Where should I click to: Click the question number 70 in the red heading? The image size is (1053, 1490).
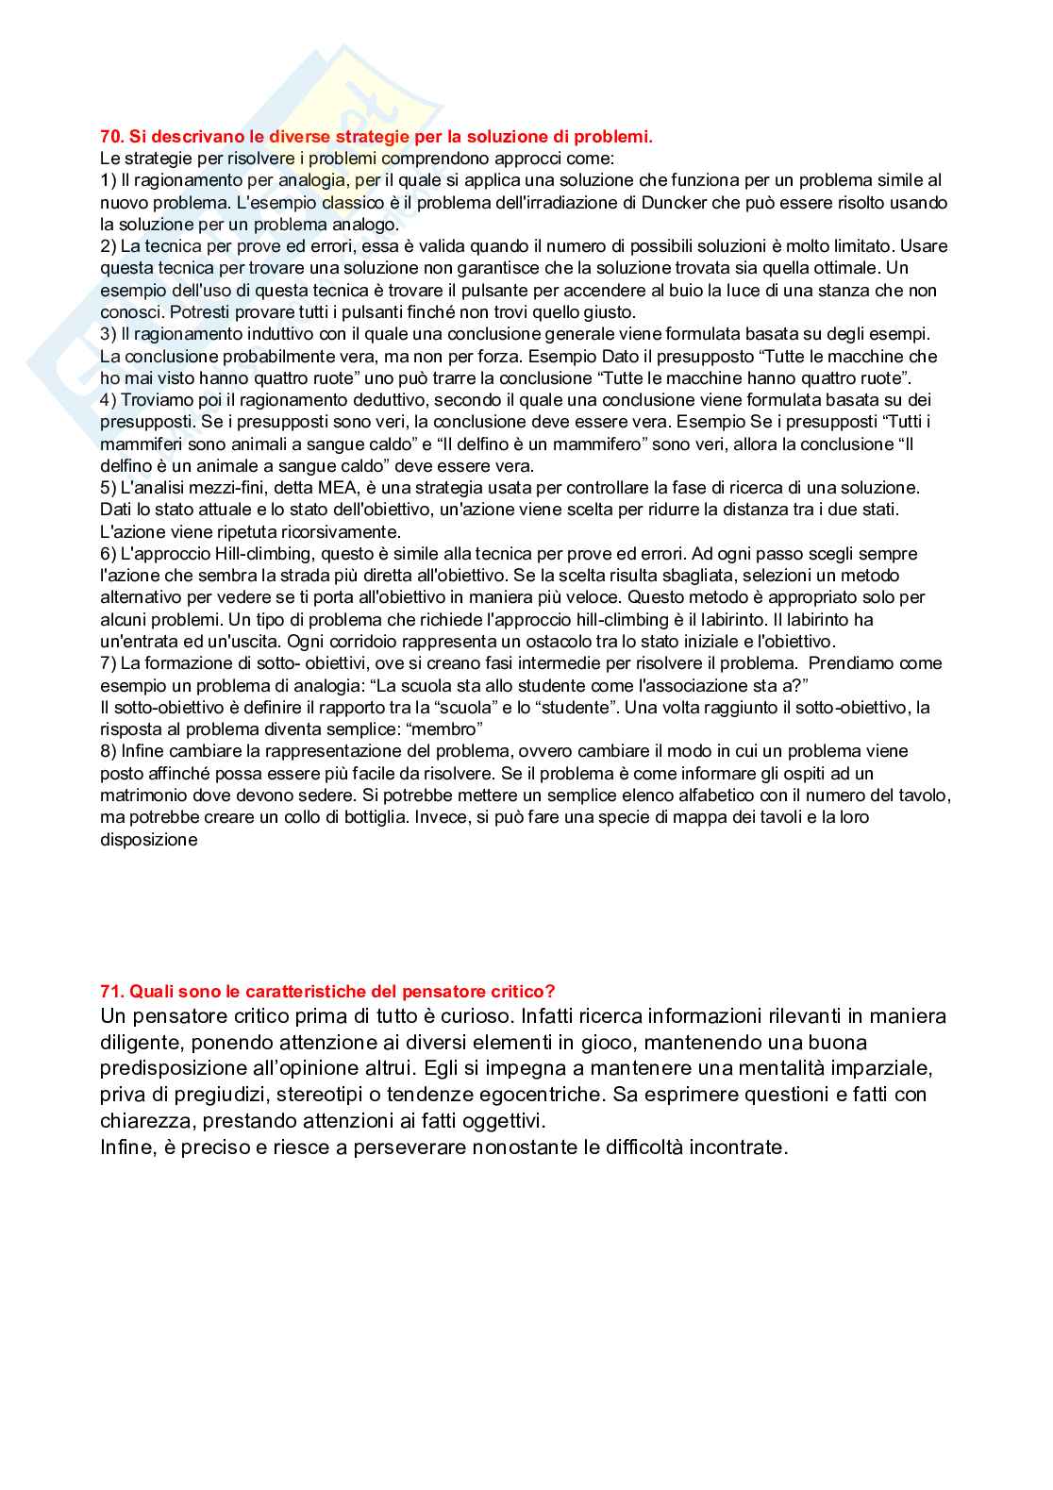[111, 138]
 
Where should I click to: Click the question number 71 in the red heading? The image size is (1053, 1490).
[111, 991]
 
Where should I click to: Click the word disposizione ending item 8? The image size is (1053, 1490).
[149, 839]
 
